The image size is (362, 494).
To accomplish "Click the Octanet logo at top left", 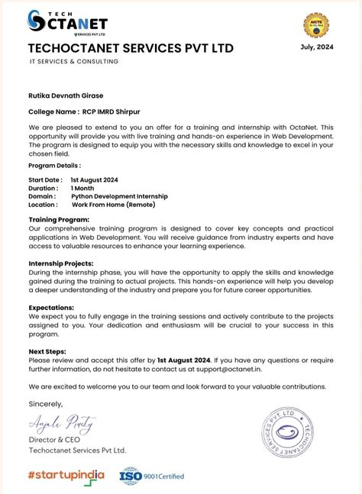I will pyautogui.click(x=67, y=24).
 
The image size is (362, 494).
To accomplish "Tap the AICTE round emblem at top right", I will pyautogui.click(x=315, y=22).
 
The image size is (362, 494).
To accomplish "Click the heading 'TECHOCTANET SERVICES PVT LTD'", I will pyautogui.click(x=131, y=49).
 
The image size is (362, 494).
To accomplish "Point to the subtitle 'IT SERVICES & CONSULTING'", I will pyautogui.click(x=73, y=61).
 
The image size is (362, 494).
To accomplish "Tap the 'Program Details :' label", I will pyautogui.click(x=54, y=165).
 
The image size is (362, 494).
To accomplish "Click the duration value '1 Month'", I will pyautogui.click(x=83, y=188).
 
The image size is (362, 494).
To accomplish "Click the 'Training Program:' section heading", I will pyautogui.click(x=59, y=219).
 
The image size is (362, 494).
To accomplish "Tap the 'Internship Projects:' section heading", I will pyautogui.click(x=62, y=263).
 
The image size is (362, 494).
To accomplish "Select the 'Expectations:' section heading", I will pyautogui.click(x=52, y=306).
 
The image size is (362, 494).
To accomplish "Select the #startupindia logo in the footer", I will pyautogui.click(x=66, y=476).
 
